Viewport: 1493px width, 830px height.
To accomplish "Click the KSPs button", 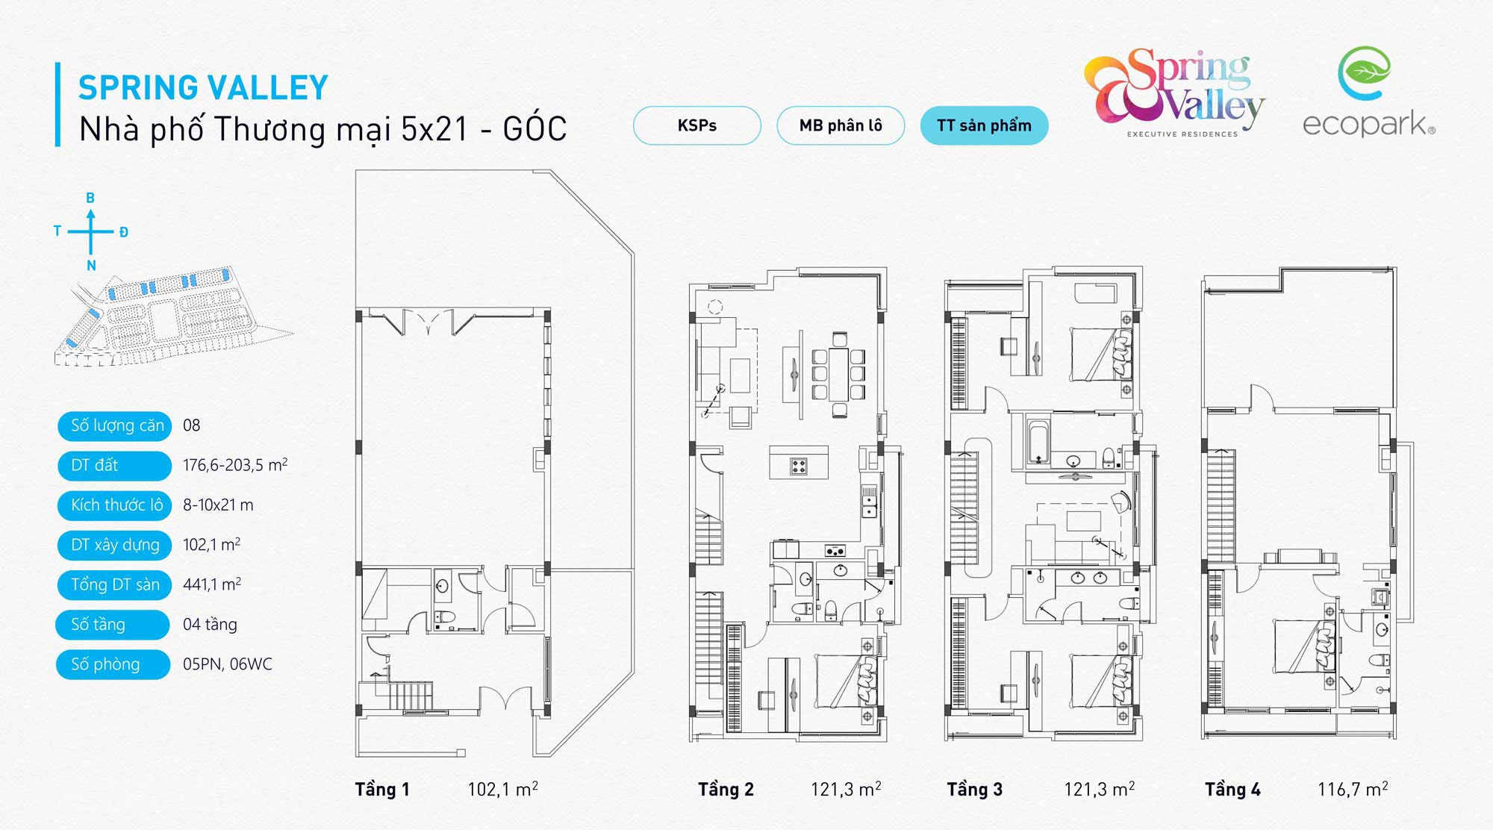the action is [696, 125].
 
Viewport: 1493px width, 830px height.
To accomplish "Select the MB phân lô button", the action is [841, 125].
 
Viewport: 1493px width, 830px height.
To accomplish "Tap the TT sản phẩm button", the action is [984, 125].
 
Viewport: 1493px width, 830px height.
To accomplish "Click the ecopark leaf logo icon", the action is [1364, 73].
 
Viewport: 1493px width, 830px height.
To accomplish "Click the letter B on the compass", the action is [90, 198].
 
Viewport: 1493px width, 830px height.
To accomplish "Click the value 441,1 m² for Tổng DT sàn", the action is [212, 584].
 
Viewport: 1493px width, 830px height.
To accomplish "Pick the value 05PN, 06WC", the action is [228, 664].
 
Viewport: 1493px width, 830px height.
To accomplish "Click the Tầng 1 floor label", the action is [382, 789].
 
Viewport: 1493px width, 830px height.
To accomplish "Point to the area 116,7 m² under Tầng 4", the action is [1353, 789].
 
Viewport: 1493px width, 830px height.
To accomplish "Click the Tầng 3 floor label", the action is [974, 789].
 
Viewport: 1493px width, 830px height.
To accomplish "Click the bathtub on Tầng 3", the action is [1038, 443].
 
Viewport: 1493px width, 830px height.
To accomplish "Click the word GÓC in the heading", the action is [534, 129].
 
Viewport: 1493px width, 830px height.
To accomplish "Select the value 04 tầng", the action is [210, 624].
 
